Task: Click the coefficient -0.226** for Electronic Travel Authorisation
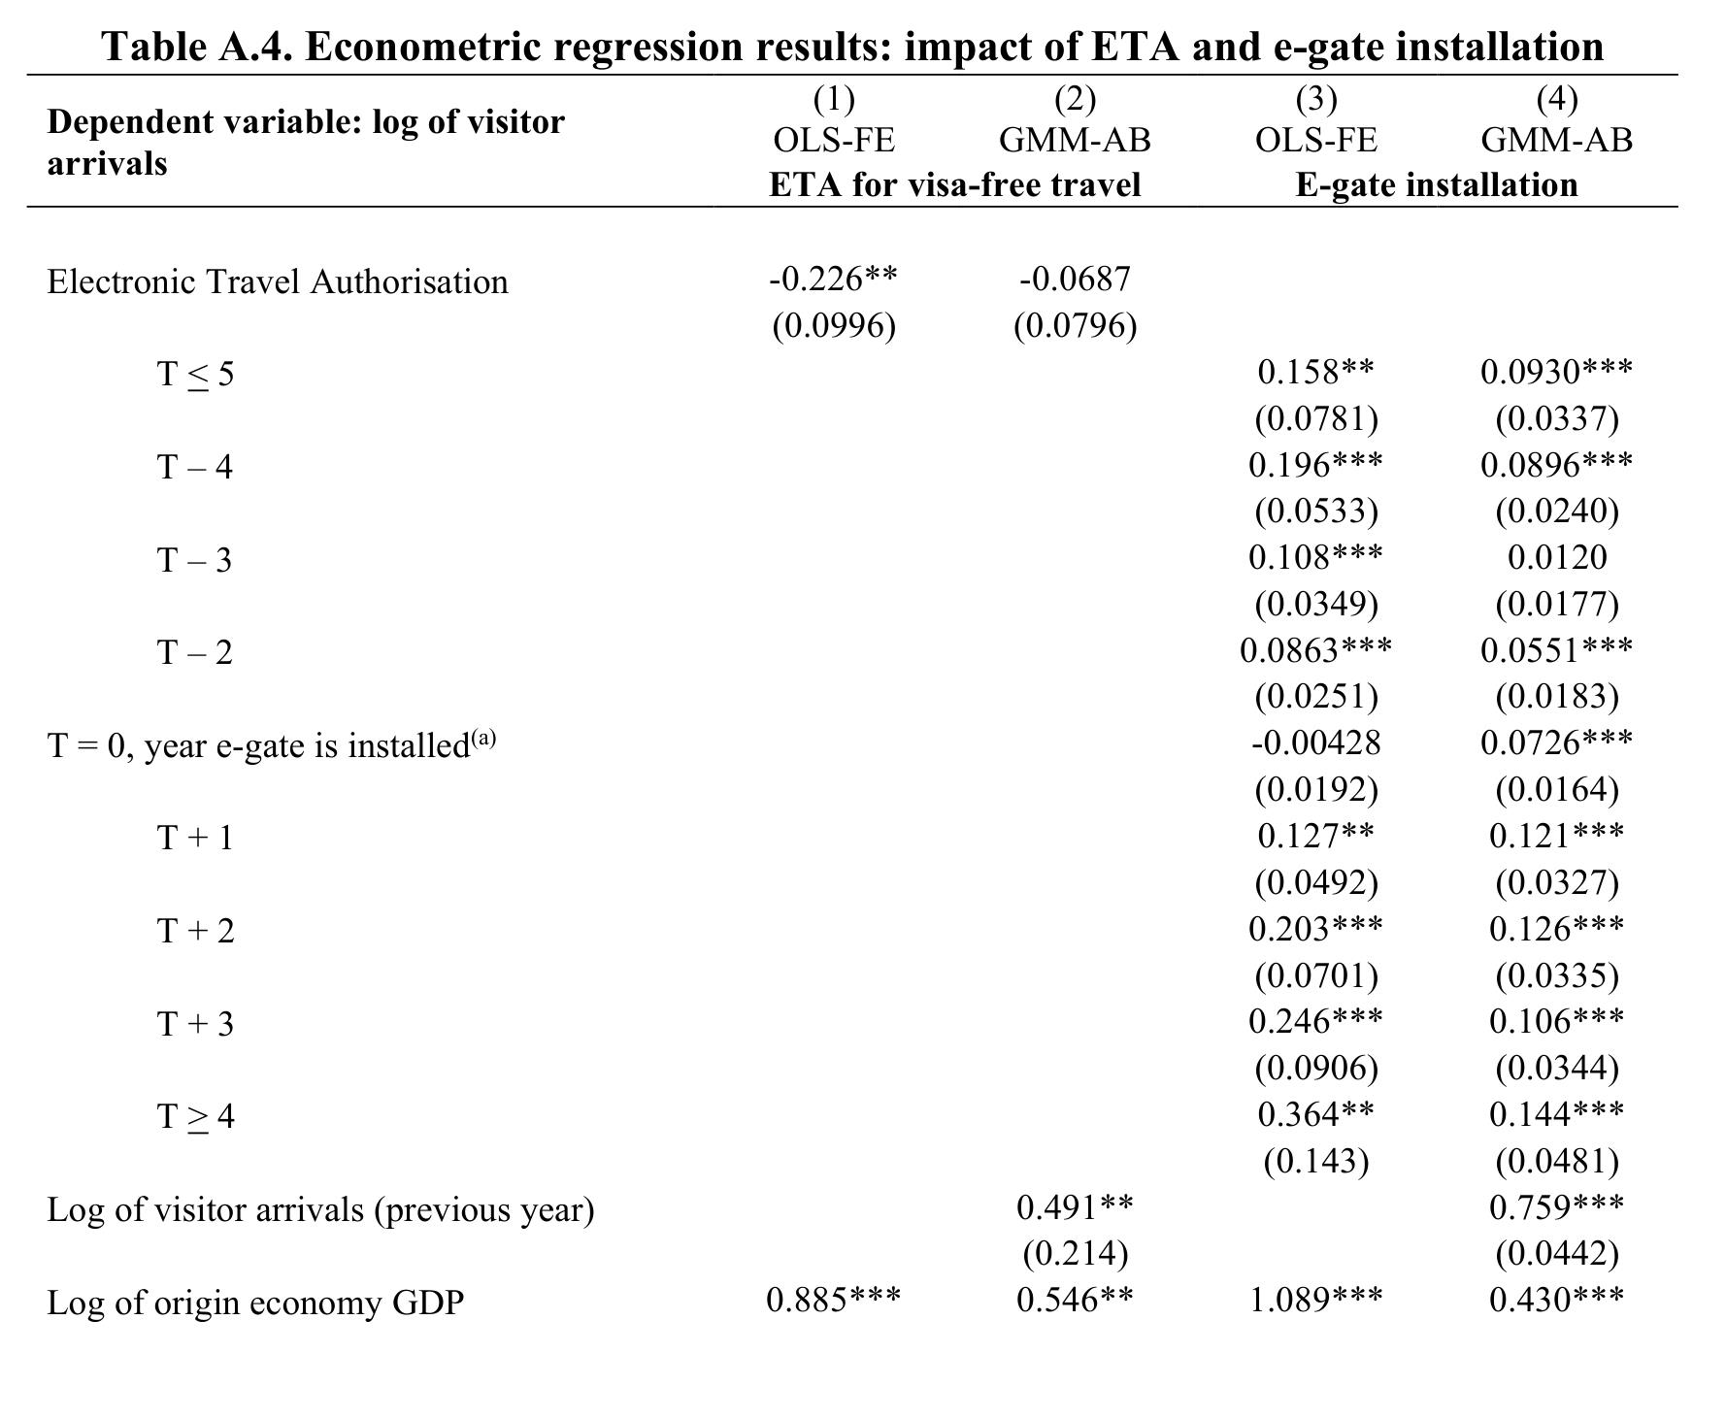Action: click(833, 280)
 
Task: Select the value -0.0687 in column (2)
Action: click(1075, 280)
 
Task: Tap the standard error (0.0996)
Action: click(833, 326)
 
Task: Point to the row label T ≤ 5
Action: click(195, 374)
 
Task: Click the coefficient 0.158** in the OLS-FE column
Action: click(1315, 372)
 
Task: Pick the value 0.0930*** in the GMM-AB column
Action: click(1556, 372)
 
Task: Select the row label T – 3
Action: click(195, 560)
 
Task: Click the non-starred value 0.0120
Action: click(1556, 558)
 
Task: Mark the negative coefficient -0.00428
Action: click(1315, 743)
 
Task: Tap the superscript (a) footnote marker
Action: click(483, 738)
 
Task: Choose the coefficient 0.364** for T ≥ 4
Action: click(1315, 1115)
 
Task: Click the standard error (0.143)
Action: click(1315, 1162)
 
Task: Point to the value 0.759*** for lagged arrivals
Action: click(1556, 1207)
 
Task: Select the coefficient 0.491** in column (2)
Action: click(1075, 1207)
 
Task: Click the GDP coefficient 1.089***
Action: click(1315, 1301)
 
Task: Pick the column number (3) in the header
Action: click(1315, 99)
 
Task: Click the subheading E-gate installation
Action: click(1437, 184)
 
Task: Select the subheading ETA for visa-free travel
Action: click(954, 184)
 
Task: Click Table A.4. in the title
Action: click(197, 47)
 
